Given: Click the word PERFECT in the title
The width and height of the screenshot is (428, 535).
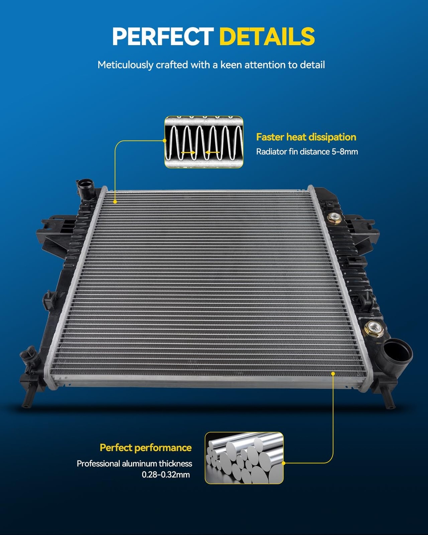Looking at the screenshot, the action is [x=163, y=36].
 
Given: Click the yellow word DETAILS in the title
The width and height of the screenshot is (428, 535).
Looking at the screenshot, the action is [x=267, y=36].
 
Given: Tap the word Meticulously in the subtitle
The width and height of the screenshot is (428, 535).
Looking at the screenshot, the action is [x=125, y=65].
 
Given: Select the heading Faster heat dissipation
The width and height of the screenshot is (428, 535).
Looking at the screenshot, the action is [x=306, y=137].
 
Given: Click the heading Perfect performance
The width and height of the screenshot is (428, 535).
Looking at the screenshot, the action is [x=146, y=448].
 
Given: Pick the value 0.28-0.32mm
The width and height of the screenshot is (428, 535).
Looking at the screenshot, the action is [x=166, y=474].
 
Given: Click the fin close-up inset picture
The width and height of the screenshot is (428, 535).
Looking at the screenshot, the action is [x=204, y=142].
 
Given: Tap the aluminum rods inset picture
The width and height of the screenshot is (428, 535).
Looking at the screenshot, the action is [x=244, y=458].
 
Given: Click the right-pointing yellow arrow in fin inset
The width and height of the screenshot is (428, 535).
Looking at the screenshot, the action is [x=188, y=152].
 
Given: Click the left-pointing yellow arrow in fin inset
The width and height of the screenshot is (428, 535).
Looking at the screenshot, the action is [x=212, y=152].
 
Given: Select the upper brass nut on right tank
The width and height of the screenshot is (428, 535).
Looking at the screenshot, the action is [x=334, y=218].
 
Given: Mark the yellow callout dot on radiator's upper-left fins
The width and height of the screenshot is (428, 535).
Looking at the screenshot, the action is [x=115, y=202].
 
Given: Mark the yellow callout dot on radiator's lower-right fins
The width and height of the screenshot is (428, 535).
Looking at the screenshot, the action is [x=333, y=373].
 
